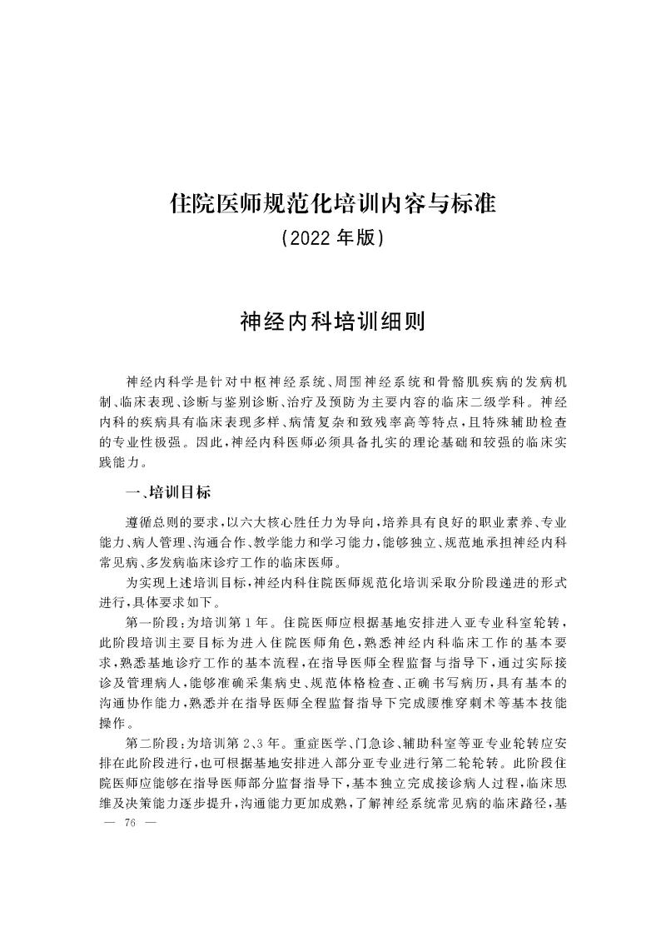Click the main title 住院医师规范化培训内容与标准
332,202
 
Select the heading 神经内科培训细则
332,322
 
